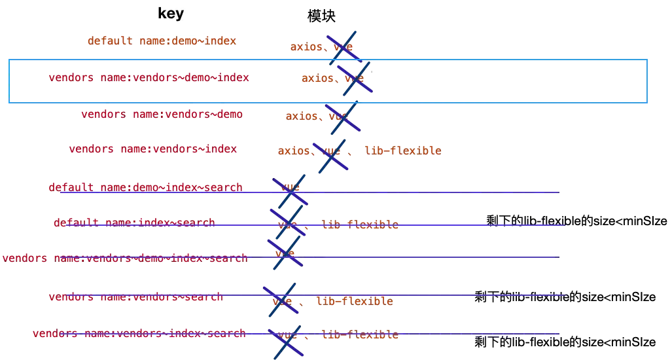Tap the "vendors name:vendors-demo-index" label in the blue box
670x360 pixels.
tap(149, 78)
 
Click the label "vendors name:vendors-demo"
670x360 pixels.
tap(162, 115)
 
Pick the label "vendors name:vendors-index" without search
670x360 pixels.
tap(152, 149)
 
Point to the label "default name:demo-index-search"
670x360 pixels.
tap(145, 187)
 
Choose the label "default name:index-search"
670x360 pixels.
tap(134, 223)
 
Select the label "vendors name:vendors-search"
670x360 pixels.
tap(135, 298)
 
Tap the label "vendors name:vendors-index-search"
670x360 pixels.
tap(138, 334)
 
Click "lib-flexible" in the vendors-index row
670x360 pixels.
tap(404, 151)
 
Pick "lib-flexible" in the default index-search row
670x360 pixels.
tap(361, 226)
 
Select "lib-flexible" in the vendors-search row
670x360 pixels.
tap(354, 302)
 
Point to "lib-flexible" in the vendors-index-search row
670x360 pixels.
tap(359, 336)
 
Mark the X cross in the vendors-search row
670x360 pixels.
tap(282, 300)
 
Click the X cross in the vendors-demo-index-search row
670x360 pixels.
tap(285, 254)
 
